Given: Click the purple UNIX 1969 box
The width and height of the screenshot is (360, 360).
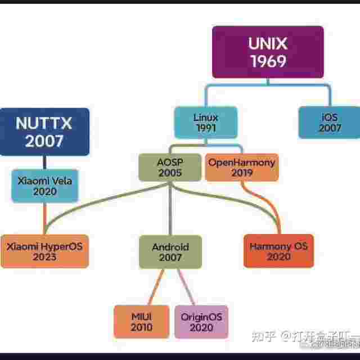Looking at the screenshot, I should (x=267, y=52).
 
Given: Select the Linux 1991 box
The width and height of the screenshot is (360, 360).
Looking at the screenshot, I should (x=205, y=123).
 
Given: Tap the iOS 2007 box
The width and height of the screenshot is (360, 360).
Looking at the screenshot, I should (x=330, y=123).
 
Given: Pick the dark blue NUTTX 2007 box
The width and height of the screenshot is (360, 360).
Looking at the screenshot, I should (x=44, y=132).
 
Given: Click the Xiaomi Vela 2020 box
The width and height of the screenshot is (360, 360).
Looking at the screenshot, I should (x=45, y=186).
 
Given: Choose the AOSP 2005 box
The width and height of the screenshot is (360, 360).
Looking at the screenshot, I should (x=170, y=168).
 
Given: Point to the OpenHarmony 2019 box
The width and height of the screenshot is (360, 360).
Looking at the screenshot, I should (x=241, y=168).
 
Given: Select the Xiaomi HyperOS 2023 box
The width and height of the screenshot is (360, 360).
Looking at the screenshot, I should (x=44, y=251).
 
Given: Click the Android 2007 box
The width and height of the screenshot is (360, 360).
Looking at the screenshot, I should (x=170, y=251).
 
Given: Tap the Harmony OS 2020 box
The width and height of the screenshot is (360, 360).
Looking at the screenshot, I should (x=278, y=251).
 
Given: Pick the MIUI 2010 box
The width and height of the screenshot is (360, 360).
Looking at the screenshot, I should (x=141, y=321).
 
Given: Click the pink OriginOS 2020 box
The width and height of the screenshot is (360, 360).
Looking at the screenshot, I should (x=201, y=321).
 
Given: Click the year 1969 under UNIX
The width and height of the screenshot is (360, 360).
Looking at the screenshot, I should (x=268, y=61).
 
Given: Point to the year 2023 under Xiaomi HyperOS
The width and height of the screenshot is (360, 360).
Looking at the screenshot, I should (x=44, y=257).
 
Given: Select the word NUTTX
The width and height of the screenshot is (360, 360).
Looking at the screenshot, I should (x=44, y=123).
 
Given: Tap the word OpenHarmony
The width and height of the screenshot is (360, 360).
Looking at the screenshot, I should (x=241, y=162).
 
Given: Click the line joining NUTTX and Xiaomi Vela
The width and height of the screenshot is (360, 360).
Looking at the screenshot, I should (x=44, y=162).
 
